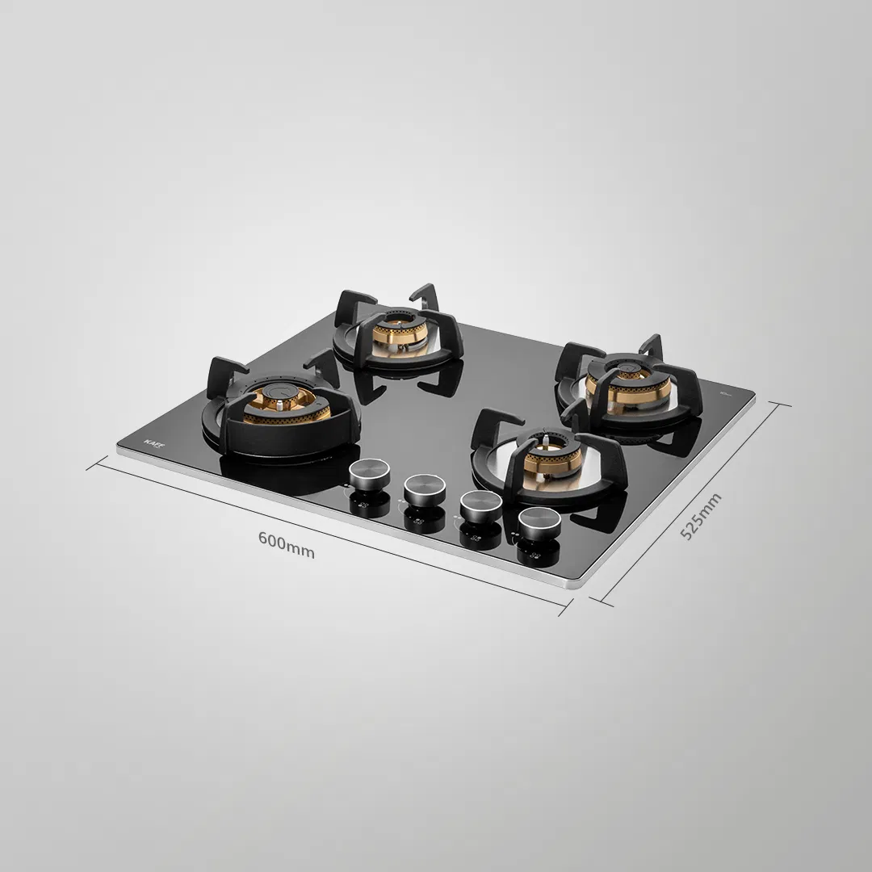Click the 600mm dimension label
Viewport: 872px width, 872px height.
click(x=287, y=543)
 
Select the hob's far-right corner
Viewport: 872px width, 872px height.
click(x=754, y=395)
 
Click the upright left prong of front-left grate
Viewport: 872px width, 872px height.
click(x=219, y=374)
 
